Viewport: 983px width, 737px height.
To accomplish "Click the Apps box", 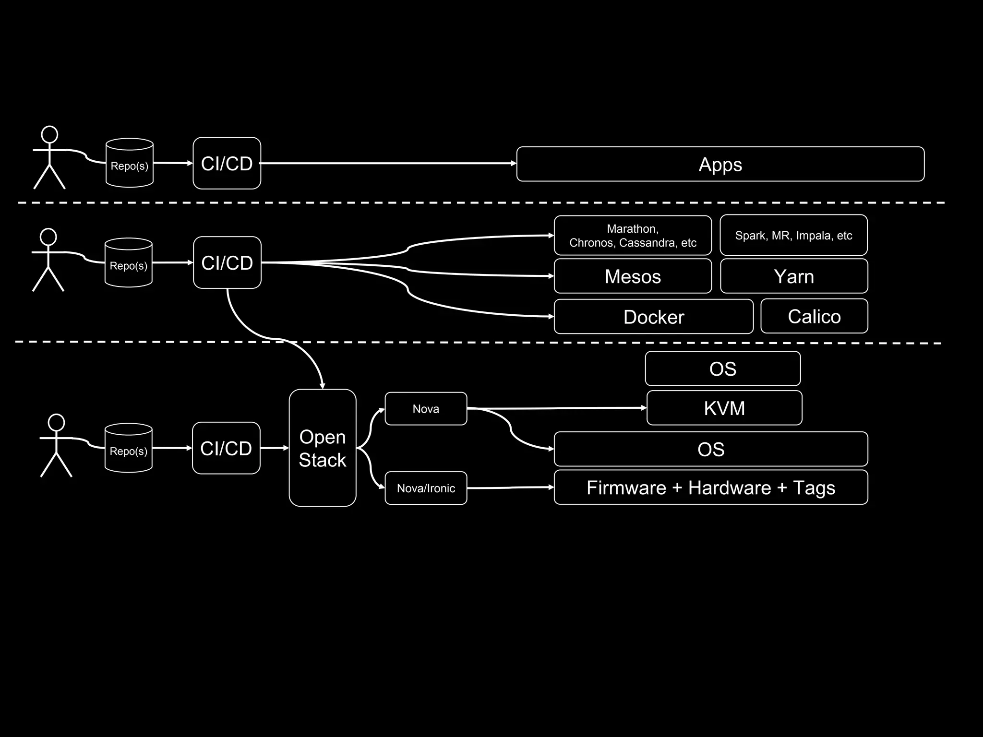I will pyautogui.click(x=720, y=164).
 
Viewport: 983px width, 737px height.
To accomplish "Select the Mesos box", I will pyautogui.click(x=633, y=276).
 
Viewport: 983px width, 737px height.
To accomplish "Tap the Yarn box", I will pyautogui.click(x=794, y=276).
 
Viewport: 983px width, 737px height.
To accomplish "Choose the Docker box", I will pyautogui.click(x=653, y=317).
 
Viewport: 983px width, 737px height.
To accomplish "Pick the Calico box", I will pyautogui.click(x=814, y=316).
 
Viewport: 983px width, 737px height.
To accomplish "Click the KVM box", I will pyautogui.click(x=724, y=408).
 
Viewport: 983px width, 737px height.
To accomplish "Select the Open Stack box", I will pyautogui.click(x=323, y=448).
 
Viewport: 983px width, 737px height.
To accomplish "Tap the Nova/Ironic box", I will pyautogui.click(x=426, y=488).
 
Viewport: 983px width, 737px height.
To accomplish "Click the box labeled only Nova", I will pyautogui.click(x=426, y=409).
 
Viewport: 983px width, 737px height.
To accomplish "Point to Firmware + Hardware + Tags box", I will pyautogui.click(x=710, y=487).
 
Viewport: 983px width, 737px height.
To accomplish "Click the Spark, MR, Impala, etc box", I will pyautogui.click(x=793, y=235).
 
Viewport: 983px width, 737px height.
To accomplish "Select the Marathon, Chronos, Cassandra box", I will pyautogui.click(x=633, y=235).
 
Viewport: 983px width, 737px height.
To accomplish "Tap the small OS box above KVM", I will pyautogui.click(x=722, y=368).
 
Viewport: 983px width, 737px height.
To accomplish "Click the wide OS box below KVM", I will pyautogui.click(x=710, y=449).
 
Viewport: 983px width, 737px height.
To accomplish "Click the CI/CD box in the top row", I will pyautogui.click(x=227, y=164).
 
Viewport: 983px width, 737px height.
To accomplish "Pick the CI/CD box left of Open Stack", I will pyautogui.click(x=226, y=448).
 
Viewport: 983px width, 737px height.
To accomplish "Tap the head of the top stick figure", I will pyautogui.click(x=49, y=134).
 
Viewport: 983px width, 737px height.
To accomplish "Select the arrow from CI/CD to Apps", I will pyautogui.click(x=384, y=163).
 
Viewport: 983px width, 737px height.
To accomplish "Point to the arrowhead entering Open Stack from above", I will pyautogui.click(x=322, y=386).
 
